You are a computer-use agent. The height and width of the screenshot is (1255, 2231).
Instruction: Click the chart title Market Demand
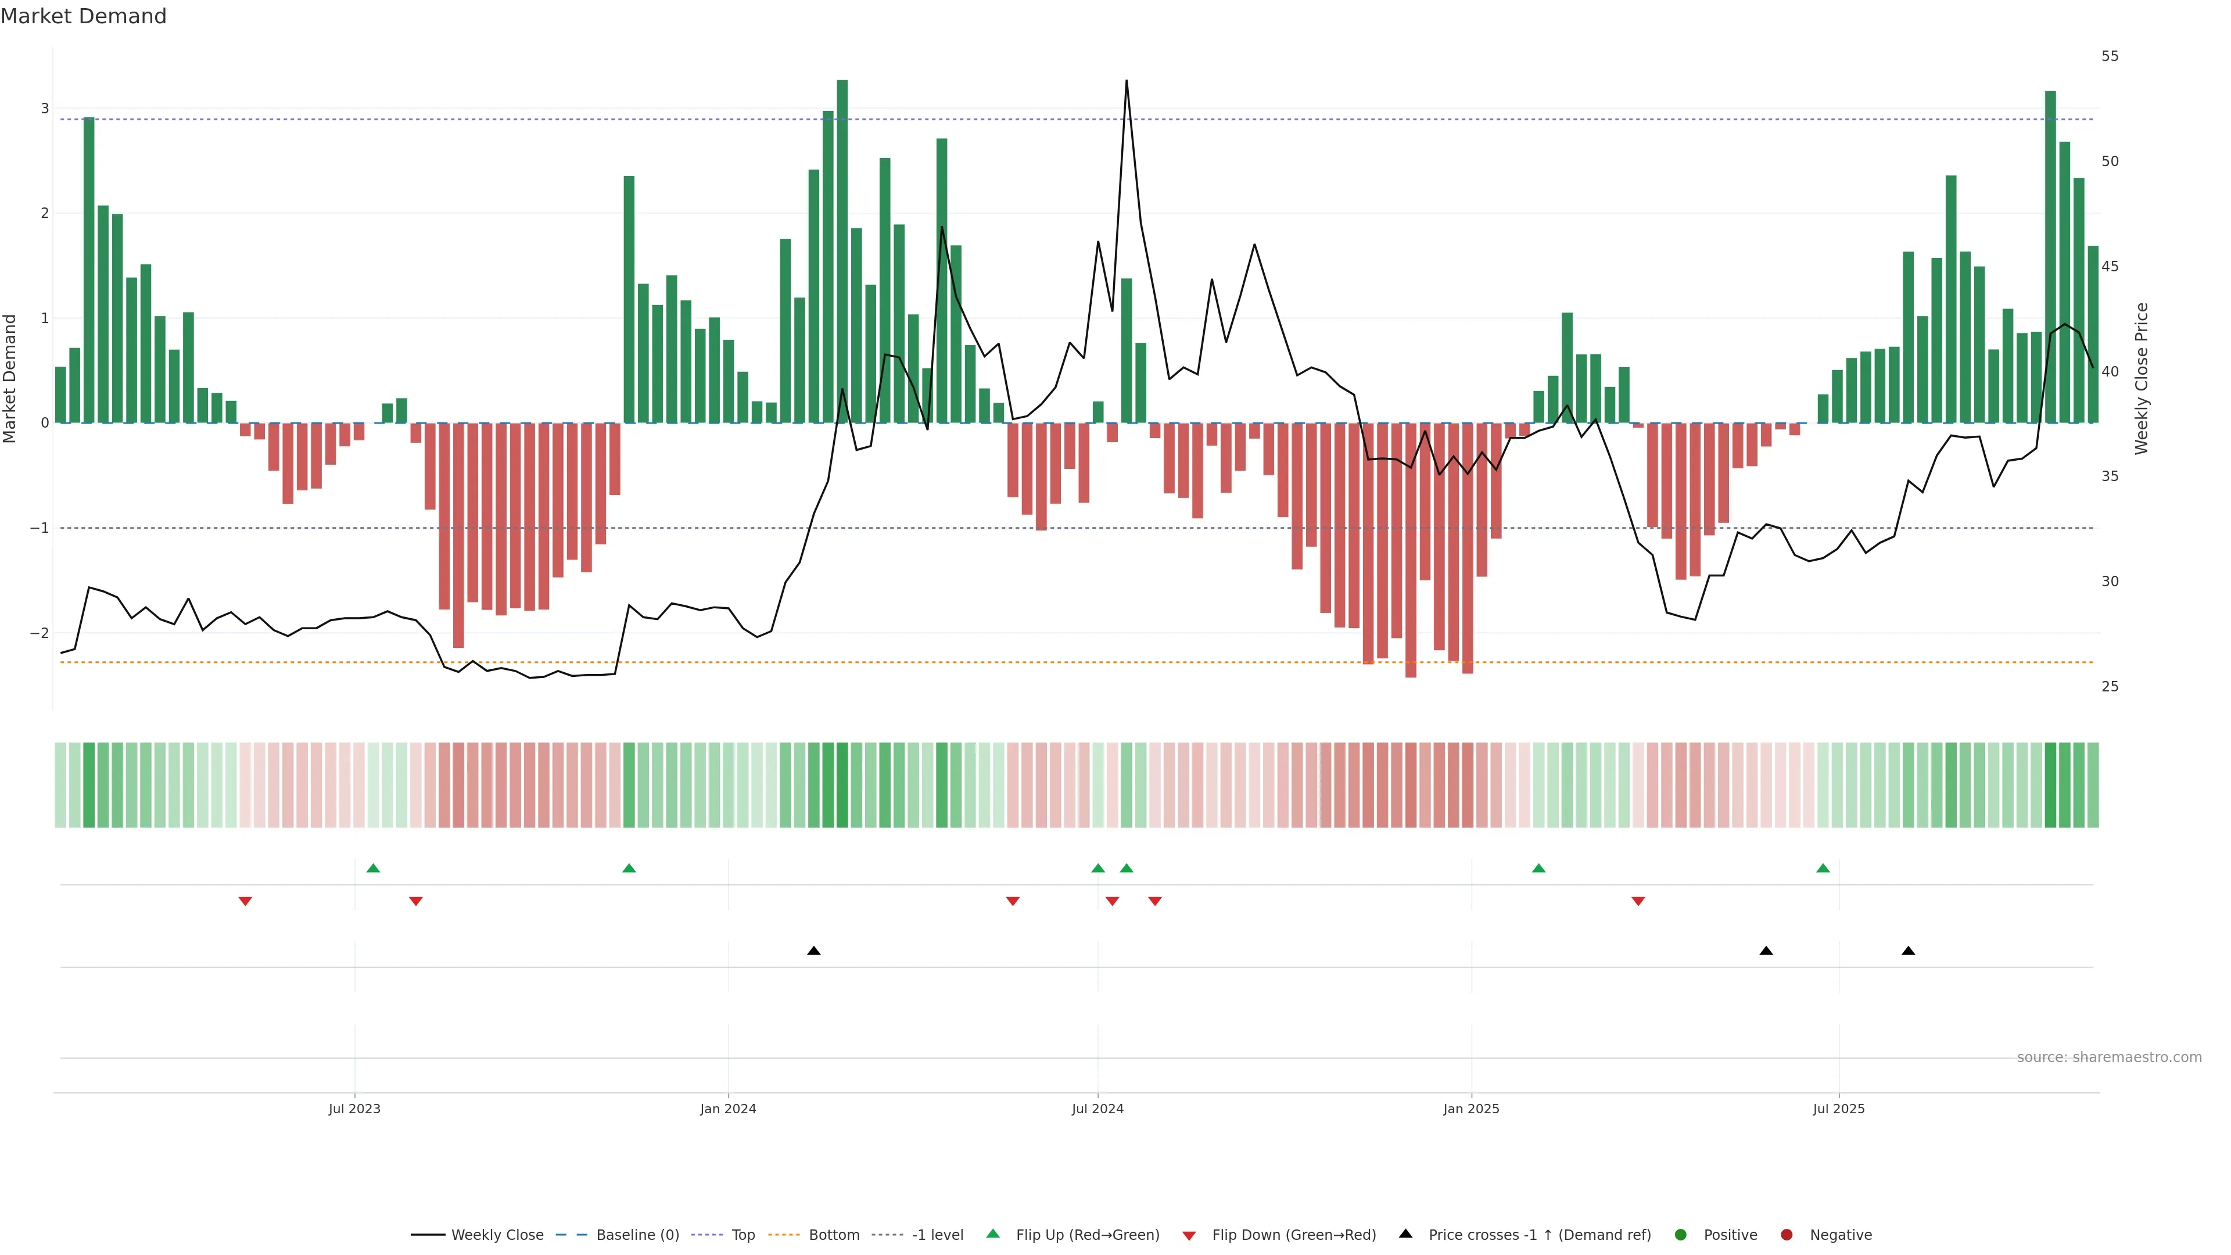[x=83, y=16]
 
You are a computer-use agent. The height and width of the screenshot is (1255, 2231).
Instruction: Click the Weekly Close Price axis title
[x=2141, y=378]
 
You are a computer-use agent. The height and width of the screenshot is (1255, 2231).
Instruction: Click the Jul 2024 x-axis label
[x=1097, y=1109]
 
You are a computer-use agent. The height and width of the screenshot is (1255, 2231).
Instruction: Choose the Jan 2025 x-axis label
[x=1470, y=1109]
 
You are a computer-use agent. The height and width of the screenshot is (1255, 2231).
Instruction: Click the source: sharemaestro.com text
[x=2109, y=1057]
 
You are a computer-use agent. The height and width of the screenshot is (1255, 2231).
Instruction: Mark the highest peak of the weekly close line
[x=1126, y=81]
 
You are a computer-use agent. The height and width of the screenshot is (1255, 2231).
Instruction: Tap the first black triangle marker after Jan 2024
[x=813, y=951]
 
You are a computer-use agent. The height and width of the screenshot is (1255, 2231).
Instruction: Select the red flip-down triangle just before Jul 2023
[x=245, y=902]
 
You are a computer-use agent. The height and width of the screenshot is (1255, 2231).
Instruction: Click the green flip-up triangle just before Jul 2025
[x=1823, y=868]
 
